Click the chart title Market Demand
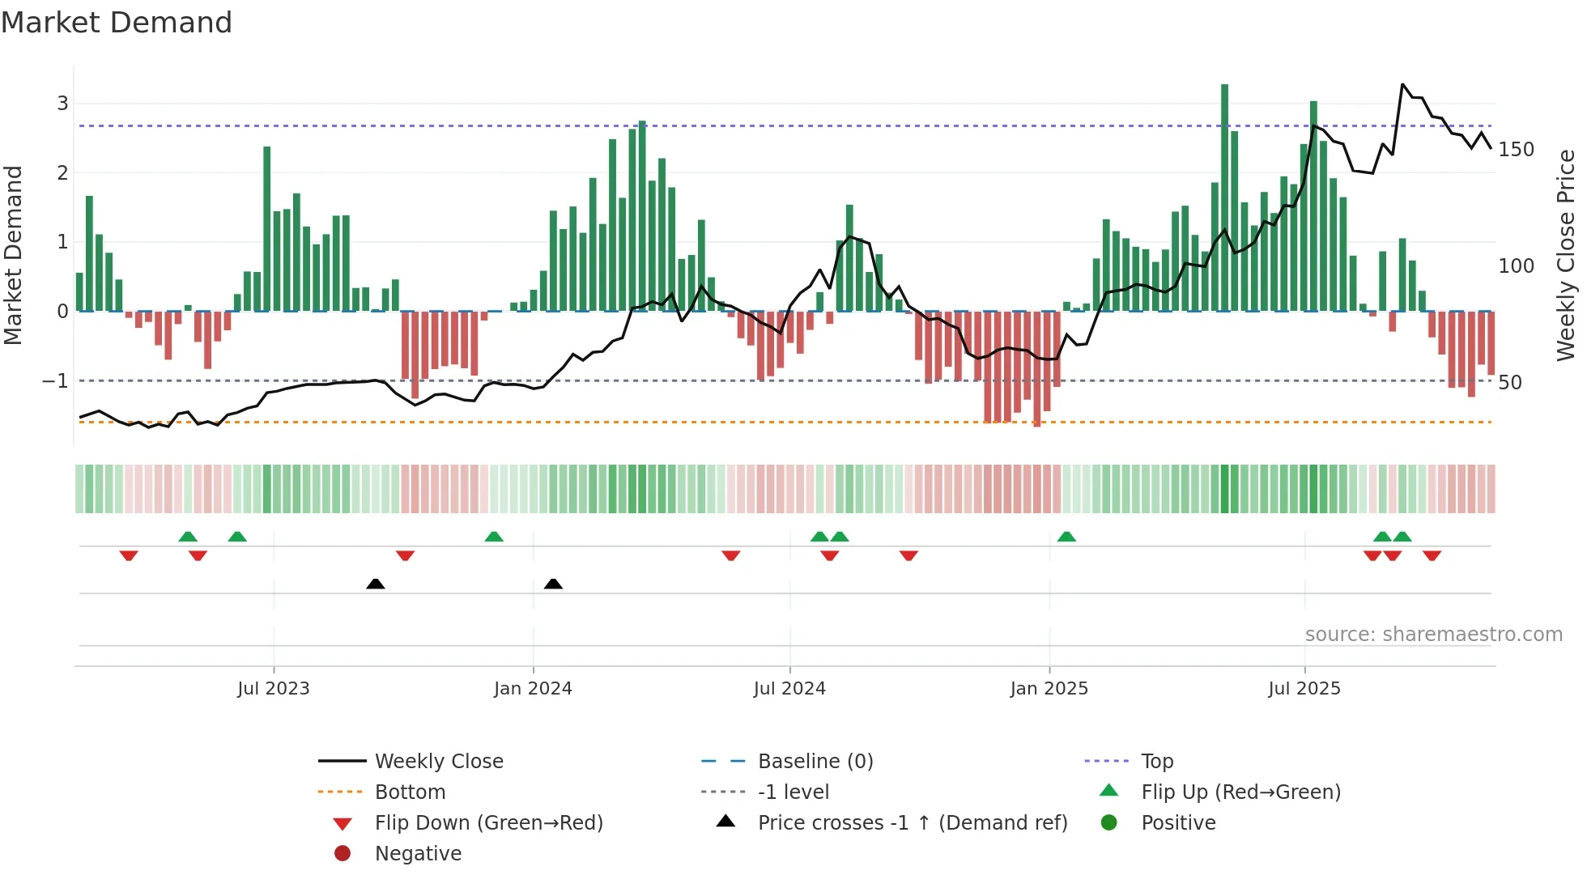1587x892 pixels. coord(117,23)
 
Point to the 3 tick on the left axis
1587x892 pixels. coord(62,104)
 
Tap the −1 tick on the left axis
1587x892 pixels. coord(56,380)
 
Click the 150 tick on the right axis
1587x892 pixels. coord(1516,150)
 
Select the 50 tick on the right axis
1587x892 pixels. coord(1509,382)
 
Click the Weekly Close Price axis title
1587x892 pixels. coord(1566,255)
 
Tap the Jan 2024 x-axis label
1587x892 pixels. coord(533,689)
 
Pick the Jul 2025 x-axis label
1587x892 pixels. coord(1304,689)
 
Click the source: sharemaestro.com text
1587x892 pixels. coord(1433,635)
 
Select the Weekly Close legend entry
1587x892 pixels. coord(438,762)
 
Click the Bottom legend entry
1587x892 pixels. coord(410,792)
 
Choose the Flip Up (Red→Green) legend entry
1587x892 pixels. coord(1240,792)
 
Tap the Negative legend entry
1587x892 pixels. coord(418,854)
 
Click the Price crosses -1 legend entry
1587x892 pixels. coord(912,823)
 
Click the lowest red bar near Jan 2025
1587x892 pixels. coord(1036,368)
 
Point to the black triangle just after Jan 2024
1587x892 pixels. coord(553,584)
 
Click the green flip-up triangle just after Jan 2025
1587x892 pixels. coord(1066,537)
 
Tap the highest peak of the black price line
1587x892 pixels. coord(1402,84)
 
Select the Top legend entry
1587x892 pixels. coord(1156,762)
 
